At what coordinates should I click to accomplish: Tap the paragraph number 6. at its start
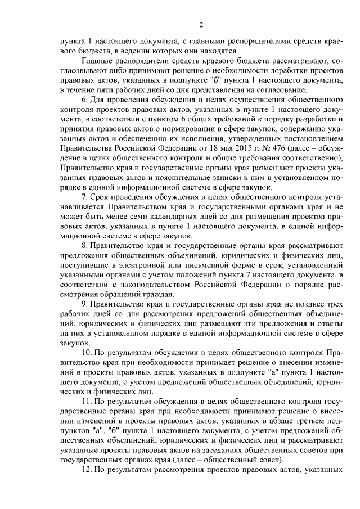coord(86,101)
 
